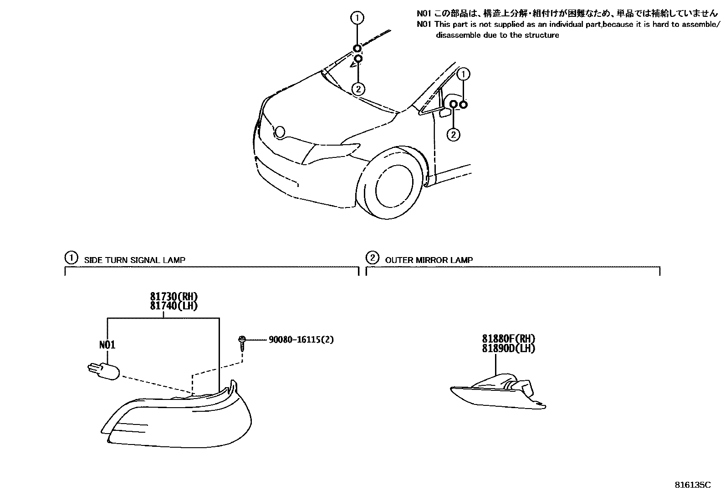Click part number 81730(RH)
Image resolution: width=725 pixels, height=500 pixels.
point(174,297)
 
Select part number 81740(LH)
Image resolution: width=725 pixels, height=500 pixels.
point(174,306)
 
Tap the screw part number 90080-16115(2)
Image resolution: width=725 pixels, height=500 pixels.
point(301,339)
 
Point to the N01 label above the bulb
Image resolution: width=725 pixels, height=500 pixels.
point(107,345)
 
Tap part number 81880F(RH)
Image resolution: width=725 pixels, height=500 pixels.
point(509,338)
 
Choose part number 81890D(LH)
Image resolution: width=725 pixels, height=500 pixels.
point(509,348)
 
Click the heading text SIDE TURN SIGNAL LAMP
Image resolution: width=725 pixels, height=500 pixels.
point(135,260)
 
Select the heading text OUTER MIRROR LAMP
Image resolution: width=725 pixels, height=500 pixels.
point(429,260)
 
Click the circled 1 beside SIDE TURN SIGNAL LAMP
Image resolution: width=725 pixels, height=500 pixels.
point(71,258)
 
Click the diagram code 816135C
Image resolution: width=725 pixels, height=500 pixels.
point(693,485)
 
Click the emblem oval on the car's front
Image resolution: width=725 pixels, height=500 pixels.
point(280,132)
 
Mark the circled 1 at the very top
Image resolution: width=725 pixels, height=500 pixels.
point(357,18)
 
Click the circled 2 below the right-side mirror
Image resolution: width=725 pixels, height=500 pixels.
point(453,134)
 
